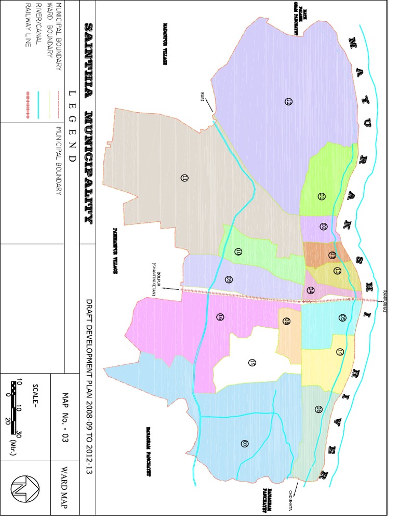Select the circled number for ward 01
pyautogui.click(x=321, y=196)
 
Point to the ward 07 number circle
pyautogui.click(x=244, y=443)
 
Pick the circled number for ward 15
pyautogui.click(x=252, y=362)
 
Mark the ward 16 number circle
pyautogui.click(x=220, y=316)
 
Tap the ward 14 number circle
pyautogui.click(x=340, y=352)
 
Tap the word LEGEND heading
pyautogui.click(x=72, y=130)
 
